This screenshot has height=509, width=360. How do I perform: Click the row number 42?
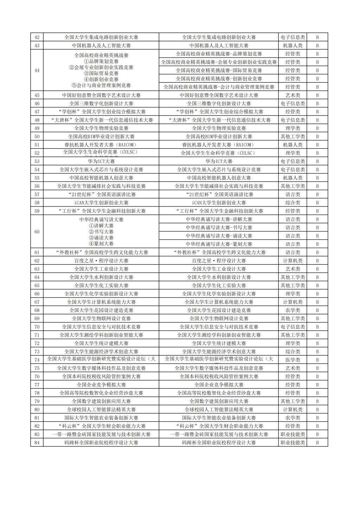click(37, 37)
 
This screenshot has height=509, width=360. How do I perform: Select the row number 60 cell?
click(37, 232)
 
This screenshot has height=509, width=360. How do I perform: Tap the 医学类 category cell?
click(292, 360)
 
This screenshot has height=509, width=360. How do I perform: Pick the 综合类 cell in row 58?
click(292, 203)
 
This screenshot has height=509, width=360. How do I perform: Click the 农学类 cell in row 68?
click(292, 310)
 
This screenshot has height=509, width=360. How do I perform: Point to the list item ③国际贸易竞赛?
click(101, 74)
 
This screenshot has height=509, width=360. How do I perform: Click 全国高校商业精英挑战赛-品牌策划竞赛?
click(219, 54)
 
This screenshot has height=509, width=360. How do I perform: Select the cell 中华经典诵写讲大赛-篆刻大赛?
click(219, 244)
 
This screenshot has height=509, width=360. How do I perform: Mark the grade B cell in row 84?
click(317, 443)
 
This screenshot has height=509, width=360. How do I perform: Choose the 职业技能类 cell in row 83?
click(292, 434)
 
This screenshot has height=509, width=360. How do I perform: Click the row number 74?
click(37, 360)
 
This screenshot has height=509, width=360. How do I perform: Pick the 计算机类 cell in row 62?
click(292, 261)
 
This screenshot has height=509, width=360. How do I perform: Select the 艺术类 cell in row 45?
click(292, 95)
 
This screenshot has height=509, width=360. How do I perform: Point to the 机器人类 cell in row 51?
click(292, 145)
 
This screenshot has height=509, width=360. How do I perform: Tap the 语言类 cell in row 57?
click(292, 195)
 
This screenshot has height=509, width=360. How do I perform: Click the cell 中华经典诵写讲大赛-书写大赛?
click(219, 228)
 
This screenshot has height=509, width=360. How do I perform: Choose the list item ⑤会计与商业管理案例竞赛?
click(101, 85)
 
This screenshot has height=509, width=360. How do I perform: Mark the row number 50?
click(37, 137)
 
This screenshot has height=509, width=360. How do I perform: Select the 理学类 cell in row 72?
click(292, 343)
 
